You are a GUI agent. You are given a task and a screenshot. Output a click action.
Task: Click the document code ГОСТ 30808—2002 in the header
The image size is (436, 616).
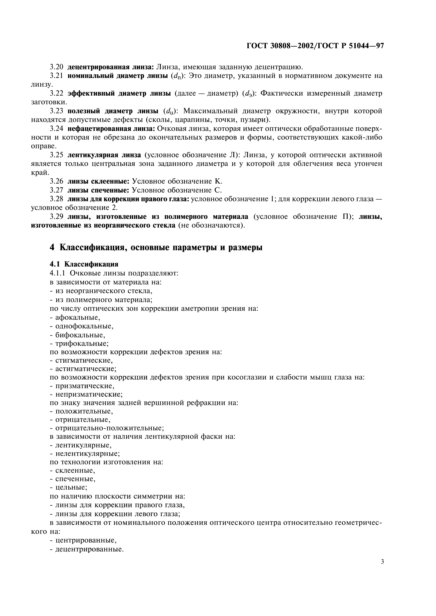[279, 46]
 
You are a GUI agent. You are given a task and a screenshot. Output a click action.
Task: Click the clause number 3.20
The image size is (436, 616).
[56, 67]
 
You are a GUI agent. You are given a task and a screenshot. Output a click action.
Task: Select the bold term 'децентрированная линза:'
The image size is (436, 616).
[111, 67]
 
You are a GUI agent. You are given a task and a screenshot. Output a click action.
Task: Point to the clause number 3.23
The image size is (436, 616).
[56, 111]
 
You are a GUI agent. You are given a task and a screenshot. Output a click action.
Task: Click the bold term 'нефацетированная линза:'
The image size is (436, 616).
[111, 129]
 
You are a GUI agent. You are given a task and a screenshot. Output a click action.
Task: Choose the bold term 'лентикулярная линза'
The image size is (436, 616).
[104, 155]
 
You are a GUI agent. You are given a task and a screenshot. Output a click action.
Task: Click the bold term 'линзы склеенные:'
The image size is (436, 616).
[99, 181]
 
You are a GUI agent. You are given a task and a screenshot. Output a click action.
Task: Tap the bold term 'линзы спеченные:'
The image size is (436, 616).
[98, 190]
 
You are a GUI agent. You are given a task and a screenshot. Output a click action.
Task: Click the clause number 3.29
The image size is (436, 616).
[56, 216]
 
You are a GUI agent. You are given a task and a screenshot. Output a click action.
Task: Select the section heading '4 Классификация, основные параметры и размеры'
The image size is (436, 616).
[156, 247]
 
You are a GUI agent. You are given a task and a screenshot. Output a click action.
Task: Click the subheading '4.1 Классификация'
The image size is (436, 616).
[84, 264]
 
